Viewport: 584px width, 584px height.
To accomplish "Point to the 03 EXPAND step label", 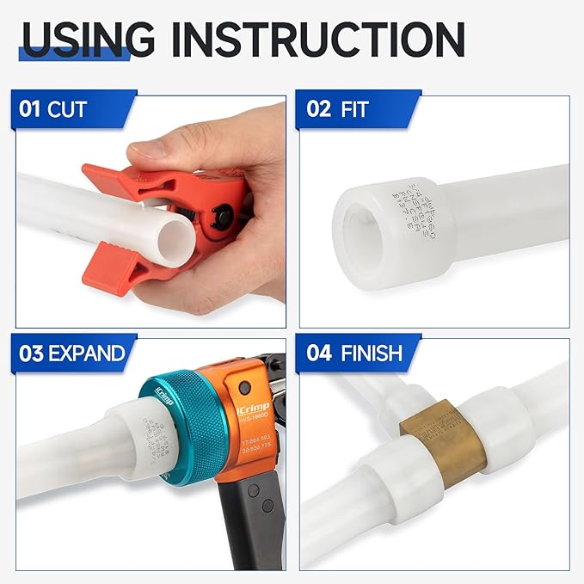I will (x=72, y=353).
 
